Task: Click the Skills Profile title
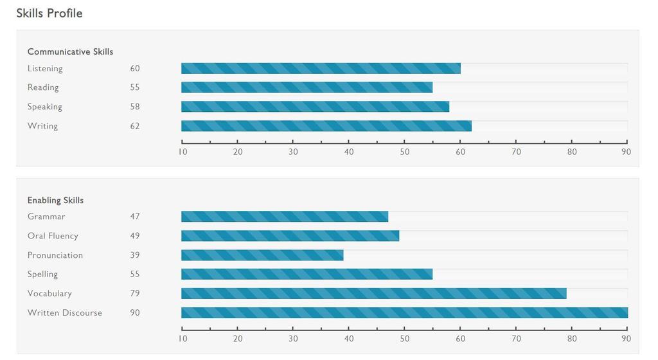tap(49, 14)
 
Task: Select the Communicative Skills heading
tap(70, 51)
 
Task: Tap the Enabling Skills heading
tap(55, 200)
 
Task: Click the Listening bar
tap(321, 68)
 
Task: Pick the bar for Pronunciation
tap(262, 255)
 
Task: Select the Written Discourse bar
tap(404, 313)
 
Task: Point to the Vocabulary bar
tap(373, 294)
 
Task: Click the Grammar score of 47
tap(134, 217)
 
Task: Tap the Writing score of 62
tap(134, 126)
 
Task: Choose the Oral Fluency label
tap(53, 236)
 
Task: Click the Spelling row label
tap(42, 274)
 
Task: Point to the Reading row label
tap(43, 87)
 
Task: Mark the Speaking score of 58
tap(134, 107)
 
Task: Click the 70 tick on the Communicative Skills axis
tap(516, 152)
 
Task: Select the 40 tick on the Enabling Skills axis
tap(349, 338)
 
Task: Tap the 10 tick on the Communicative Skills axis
tap(182, 152)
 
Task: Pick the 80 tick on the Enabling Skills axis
tap(572, 338)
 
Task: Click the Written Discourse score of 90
tap(134, 313)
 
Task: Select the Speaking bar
tap(315, 107)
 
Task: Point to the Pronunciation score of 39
tap(134, 255)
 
